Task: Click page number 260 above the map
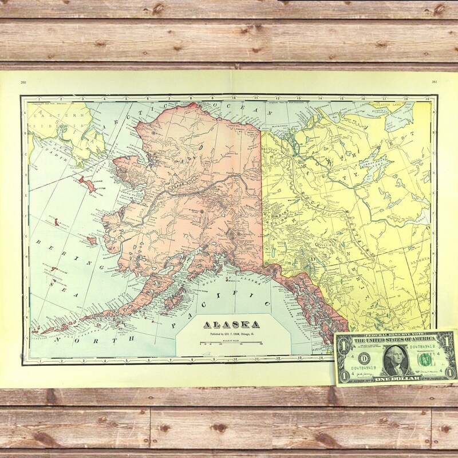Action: coord(23,82)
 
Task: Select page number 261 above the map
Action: coord(435,82)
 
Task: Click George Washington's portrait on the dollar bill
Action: coord(394,359)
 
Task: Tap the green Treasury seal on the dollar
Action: coord(424,359)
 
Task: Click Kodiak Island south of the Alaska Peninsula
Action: coord(175,298)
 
